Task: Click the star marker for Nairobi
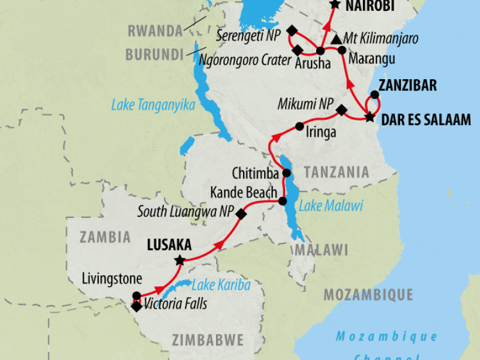335,4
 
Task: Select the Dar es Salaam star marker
370,117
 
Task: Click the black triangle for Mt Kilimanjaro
336,38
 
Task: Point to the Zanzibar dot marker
374,94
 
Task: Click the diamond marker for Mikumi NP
341,110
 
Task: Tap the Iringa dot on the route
299,127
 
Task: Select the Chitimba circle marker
287,173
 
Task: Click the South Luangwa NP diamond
241,214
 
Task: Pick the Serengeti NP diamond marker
292,31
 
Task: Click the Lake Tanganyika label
153,105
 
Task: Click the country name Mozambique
368,295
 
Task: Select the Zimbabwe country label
208,340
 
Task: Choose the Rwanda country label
154,31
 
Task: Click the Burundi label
154,54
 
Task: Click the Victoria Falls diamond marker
136,306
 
